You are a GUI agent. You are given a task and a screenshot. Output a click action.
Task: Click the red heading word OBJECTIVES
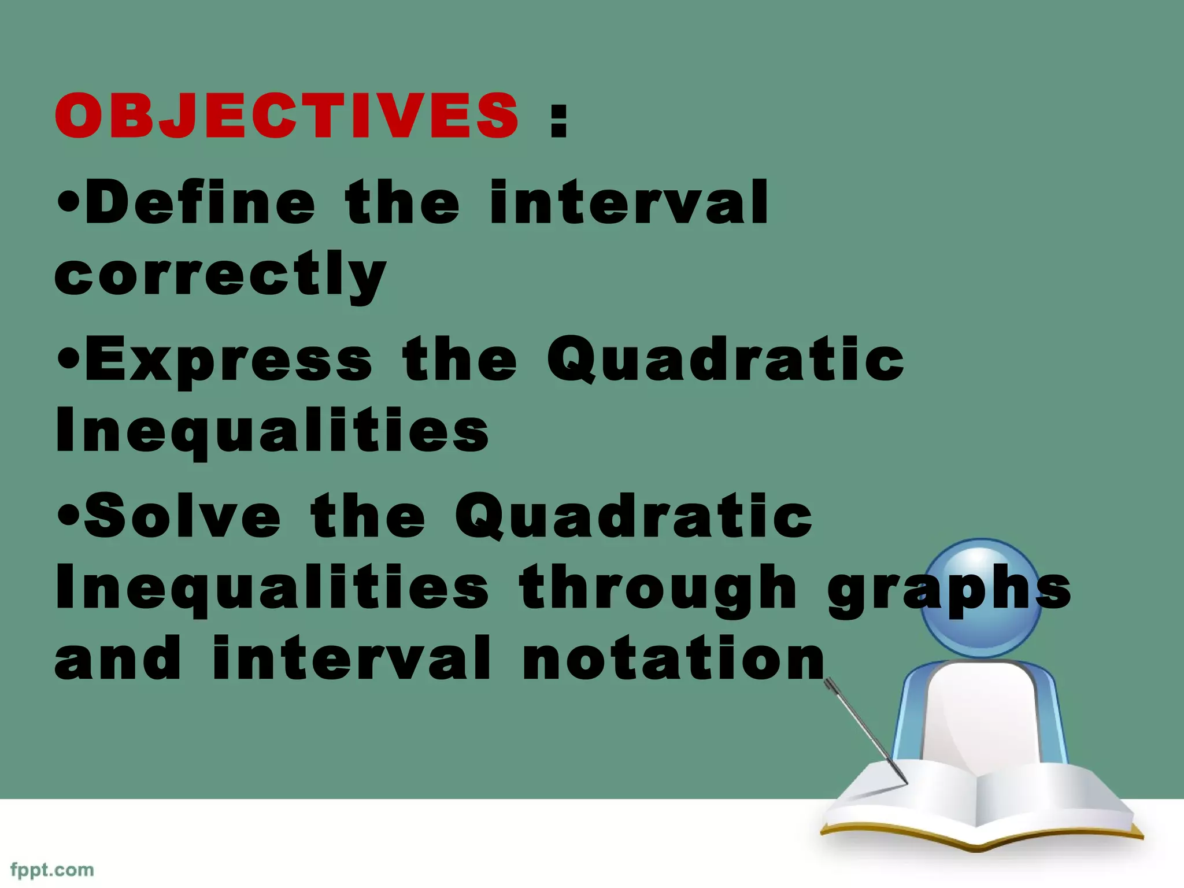(x=287, y=116)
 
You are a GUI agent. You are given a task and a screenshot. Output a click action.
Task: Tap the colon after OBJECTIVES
(x=558, y=120)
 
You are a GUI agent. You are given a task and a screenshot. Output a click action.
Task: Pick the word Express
(x=229, y=361)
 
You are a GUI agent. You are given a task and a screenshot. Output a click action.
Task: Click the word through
(x=658, y=589)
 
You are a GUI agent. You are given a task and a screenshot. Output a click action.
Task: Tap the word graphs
(x=948, y=589)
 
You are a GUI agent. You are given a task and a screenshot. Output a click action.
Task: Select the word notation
(x=673, y=658)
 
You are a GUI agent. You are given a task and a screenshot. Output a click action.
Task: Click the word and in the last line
(x=118, y=658)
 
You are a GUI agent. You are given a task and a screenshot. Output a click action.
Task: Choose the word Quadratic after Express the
(x=725, y=360)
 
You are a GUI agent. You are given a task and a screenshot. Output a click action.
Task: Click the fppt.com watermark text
(x=52, y=870)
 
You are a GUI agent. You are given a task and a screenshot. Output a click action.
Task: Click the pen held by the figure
(x=866, y=731)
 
